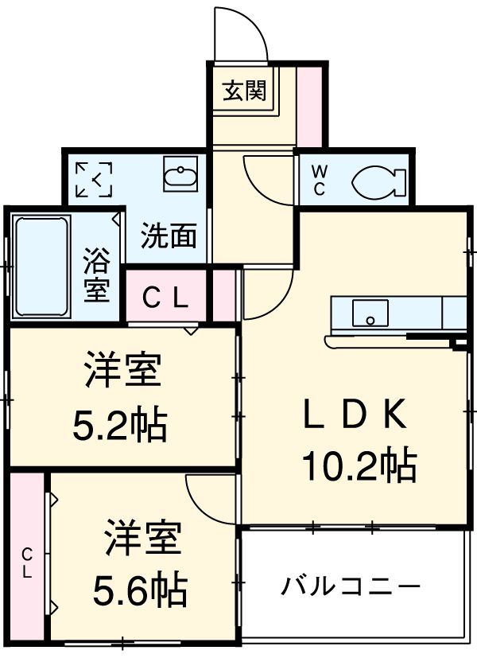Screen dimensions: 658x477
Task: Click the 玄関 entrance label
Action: click(243, 91)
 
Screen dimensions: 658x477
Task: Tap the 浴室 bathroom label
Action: click(97, 275)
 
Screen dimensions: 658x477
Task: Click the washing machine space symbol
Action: click(93, 180)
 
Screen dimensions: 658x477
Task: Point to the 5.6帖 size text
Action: click(142, 590)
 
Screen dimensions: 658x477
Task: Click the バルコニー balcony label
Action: click(350, 588)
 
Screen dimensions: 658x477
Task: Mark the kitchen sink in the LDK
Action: click(370, 313)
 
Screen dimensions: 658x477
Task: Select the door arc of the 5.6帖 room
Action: click(208, 496)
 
